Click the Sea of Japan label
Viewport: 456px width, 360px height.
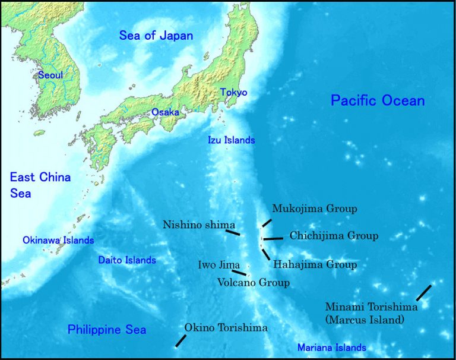pyautogui.click(x=156, y=36)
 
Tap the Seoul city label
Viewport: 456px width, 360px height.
pyautogui.click(x=50, y=75)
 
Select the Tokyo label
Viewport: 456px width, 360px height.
pyautogui.click(x=233, y=93)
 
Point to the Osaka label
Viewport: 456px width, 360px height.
pyautogui.click(x=165, y=112)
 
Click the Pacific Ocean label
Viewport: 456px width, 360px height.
pyautogui.click(x=378, y=100)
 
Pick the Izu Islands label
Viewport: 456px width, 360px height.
pyautogui.click(x=231, y=141)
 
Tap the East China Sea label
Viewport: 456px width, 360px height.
pyautogui.click(x=40, y=185)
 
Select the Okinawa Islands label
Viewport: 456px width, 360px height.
pyautogui.click(x=58, y=241)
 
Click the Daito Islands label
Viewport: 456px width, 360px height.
pyautogui.click(x=127, y=260)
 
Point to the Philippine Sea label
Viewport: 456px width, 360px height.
pyautogui.click(x=107, y=330)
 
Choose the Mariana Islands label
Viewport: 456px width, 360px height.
pyautogui.click(x=332, y=348)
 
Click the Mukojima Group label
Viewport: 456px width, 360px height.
pyautogui.click(x=315, y=209)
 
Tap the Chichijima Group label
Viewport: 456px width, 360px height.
pyautogui.click(x=334, y=236)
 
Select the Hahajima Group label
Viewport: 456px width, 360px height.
pyautogui.click(x=315, y=265)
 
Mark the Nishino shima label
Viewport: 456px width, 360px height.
pyautogui.click(x=199, y=225)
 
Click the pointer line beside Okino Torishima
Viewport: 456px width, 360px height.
pyautogui.click(x=180, y=340)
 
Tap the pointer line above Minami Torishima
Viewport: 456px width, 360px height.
pyautogui.click(x=423, y=292)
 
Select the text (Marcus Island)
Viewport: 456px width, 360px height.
pyautogui.click(x=365, y=320)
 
